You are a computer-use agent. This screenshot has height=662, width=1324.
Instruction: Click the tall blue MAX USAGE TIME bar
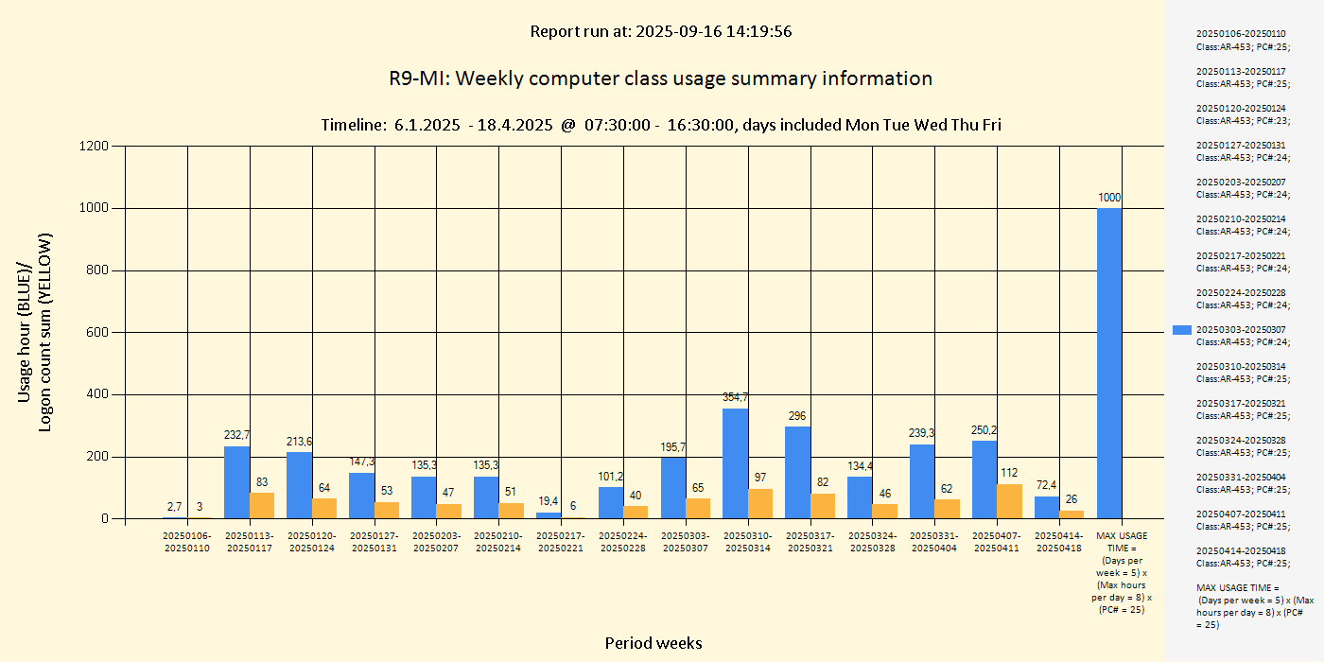click(x=1109, y=363)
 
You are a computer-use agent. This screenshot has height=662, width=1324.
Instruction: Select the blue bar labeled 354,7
click(x=736, y=463)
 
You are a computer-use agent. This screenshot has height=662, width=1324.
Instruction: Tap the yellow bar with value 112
click(x=1009, y=501)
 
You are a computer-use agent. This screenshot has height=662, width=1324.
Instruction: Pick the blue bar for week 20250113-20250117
click(x=236, y=482)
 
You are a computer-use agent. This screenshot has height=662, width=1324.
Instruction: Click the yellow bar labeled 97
click(x=760, y=503)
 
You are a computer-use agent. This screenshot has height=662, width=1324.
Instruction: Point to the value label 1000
click(x=1109, y=197)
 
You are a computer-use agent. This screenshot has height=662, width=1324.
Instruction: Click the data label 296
click(x=797, y=415)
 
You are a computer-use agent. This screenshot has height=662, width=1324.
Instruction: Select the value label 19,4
click(x=549, y=501)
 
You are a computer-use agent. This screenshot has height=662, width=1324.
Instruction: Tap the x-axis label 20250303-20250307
click(x=686, y=542)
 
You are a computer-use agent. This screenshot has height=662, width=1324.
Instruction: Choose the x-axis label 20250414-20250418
click(x=1059, y=542)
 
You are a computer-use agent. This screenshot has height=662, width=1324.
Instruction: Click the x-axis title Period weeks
click(x=653, y=643)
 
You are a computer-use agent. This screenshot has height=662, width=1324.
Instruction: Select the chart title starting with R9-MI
click(x=660, y=78)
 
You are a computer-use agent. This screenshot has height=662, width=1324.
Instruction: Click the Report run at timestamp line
click(x=660, y=31)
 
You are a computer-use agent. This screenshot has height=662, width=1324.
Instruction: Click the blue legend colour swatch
click(x=1181, y=330)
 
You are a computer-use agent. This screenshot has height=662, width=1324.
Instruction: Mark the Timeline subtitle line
click(x=660, y=125)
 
